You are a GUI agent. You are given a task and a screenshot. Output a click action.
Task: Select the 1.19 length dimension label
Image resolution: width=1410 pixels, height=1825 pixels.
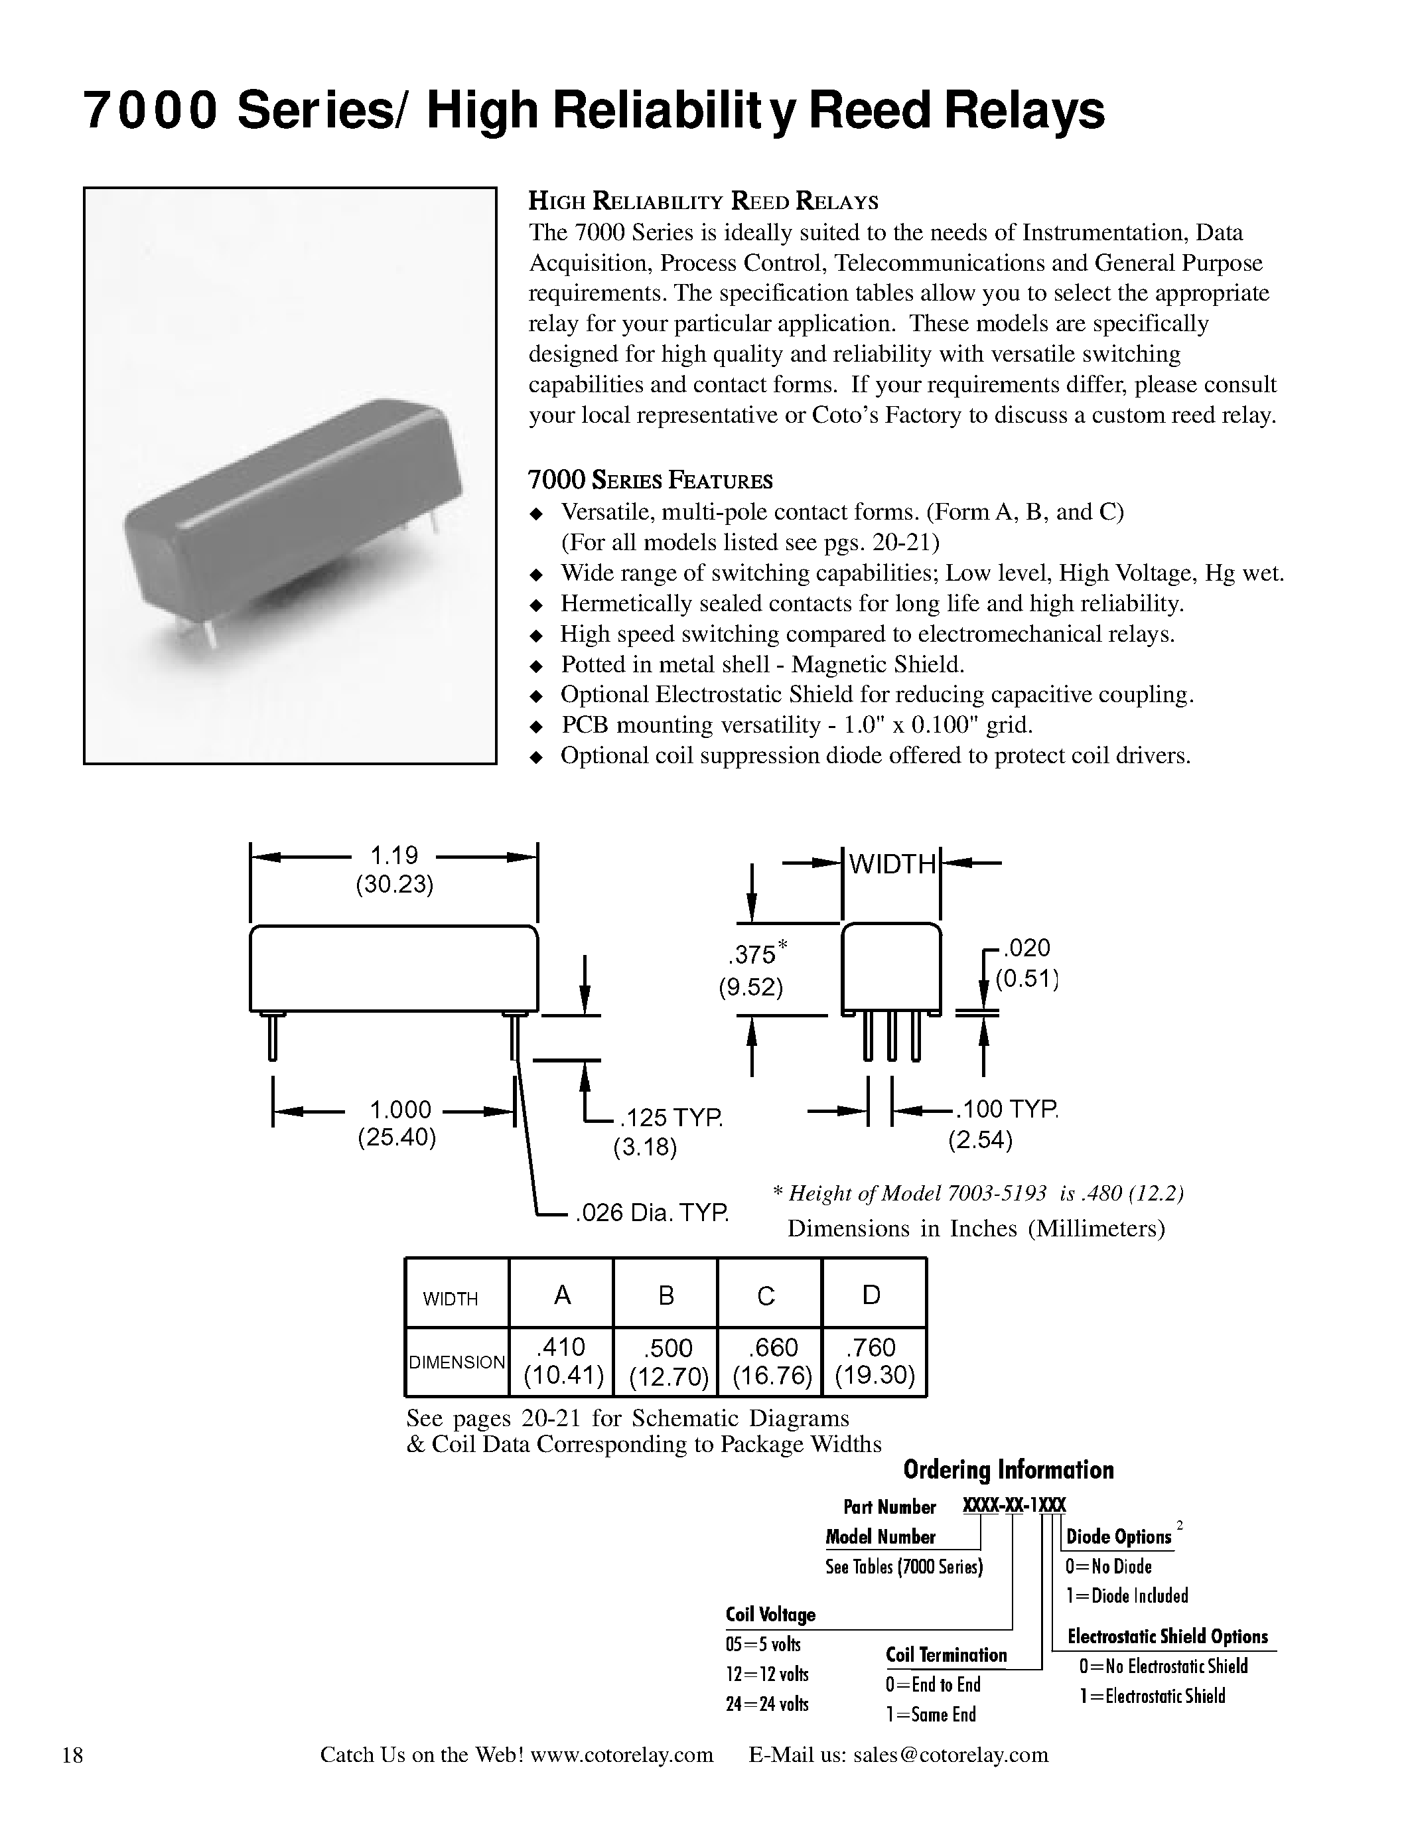[x=394, y=855]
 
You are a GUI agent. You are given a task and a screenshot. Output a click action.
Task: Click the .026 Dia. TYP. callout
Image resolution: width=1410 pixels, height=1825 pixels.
[x=652, y=1212]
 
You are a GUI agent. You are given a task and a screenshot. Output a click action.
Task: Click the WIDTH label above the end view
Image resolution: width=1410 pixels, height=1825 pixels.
[x=892, y=864]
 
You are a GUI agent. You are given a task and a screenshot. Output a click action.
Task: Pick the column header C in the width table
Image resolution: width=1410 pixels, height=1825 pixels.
[x=766, y=1296]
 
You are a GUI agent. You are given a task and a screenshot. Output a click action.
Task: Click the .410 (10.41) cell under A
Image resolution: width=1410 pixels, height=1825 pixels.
[x=563, y=1361]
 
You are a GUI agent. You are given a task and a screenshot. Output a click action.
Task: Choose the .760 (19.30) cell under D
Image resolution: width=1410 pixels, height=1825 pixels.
[x=874, y=1361]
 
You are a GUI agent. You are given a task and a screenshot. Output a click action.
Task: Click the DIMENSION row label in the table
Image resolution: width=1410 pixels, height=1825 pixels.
[x=457, y=1362]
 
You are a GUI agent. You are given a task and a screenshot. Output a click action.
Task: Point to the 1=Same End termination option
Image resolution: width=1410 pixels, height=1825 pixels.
[x=930, y=1715]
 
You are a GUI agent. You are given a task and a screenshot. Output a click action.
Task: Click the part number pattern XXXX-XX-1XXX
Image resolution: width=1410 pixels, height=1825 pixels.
[x=1014, y=1506]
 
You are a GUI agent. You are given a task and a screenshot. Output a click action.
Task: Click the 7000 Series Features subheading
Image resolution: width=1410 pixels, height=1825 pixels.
[x=650, y=480]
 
